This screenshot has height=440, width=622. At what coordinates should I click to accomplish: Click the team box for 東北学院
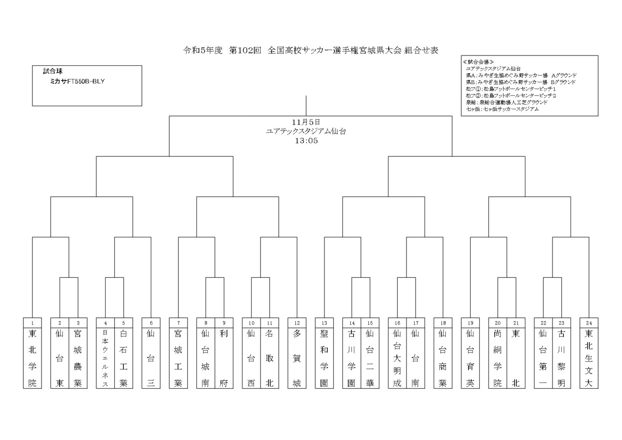[32, 358]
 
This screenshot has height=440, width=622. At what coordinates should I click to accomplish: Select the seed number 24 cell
[589, 323]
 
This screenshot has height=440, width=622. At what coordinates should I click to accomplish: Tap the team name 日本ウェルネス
[105, 358]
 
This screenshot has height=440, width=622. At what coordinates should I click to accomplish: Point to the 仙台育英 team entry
[470, 358]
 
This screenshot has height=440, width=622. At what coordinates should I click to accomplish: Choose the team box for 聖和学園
[324, 358]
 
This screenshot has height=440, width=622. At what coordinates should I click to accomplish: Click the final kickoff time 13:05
[306, 141]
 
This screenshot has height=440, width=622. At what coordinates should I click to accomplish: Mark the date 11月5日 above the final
[306, 122]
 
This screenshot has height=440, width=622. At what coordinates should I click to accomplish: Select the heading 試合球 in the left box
[53, 72]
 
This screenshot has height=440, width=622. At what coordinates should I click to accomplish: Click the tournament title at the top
[311, 51]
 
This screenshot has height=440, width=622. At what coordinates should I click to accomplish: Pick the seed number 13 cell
[324, 323]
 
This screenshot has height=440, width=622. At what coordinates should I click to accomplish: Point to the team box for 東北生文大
[589, 358]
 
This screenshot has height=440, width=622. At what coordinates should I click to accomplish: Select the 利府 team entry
[224, 358]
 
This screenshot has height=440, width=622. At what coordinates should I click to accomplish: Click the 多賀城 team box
[297, 358]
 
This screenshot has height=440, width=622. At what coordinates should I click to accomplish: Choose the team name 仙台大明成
[397, 358]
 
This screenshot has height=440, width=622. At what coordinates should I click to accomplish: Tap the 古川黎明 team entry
[561, 358]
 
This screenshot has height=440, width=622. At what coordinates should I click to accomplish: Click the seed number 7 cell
[178, 323]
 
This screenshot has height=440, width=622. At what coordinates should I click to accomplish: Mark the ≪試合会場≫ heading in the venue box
[478, 62]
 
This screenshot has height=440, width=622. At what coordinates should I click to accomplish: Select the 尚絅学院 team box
[497, 358]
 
